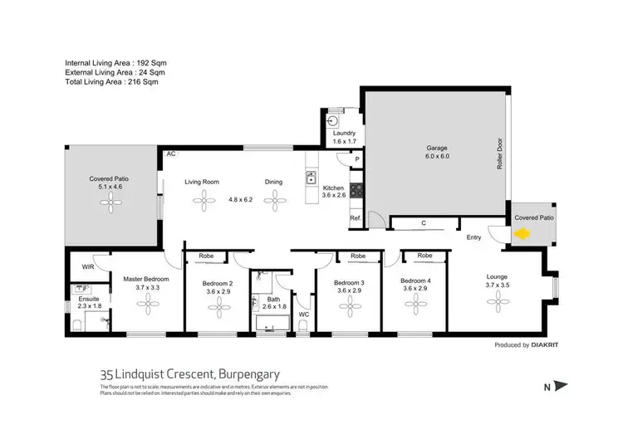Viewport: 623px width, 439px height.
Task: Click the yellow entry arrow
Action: [x=522, y=235]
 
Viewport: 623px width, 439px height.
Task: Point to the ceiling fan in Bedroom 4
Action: [x=415, y=306]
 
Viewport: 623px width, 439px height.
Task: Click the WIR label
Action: [x=87, y=266]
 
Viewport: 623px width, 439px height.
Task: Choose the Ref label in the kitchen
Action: [x=354, y=218]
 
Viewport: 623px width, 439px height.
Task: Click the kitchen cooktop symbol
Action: [x=356, y=190]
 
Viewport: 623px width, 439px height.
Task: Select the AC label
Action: [x=170, y=154]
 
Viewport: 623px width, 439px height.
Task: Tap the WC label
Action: [x=303, y=315]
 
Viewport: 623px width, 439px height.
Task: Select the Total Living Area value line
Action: [x=112, y=82]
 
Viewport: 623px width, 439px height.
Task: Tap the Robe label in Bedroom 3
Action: [x=358, y=256]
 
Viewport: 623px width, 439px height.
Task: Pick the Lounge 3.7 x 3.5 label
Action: [x=498, y=280]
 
